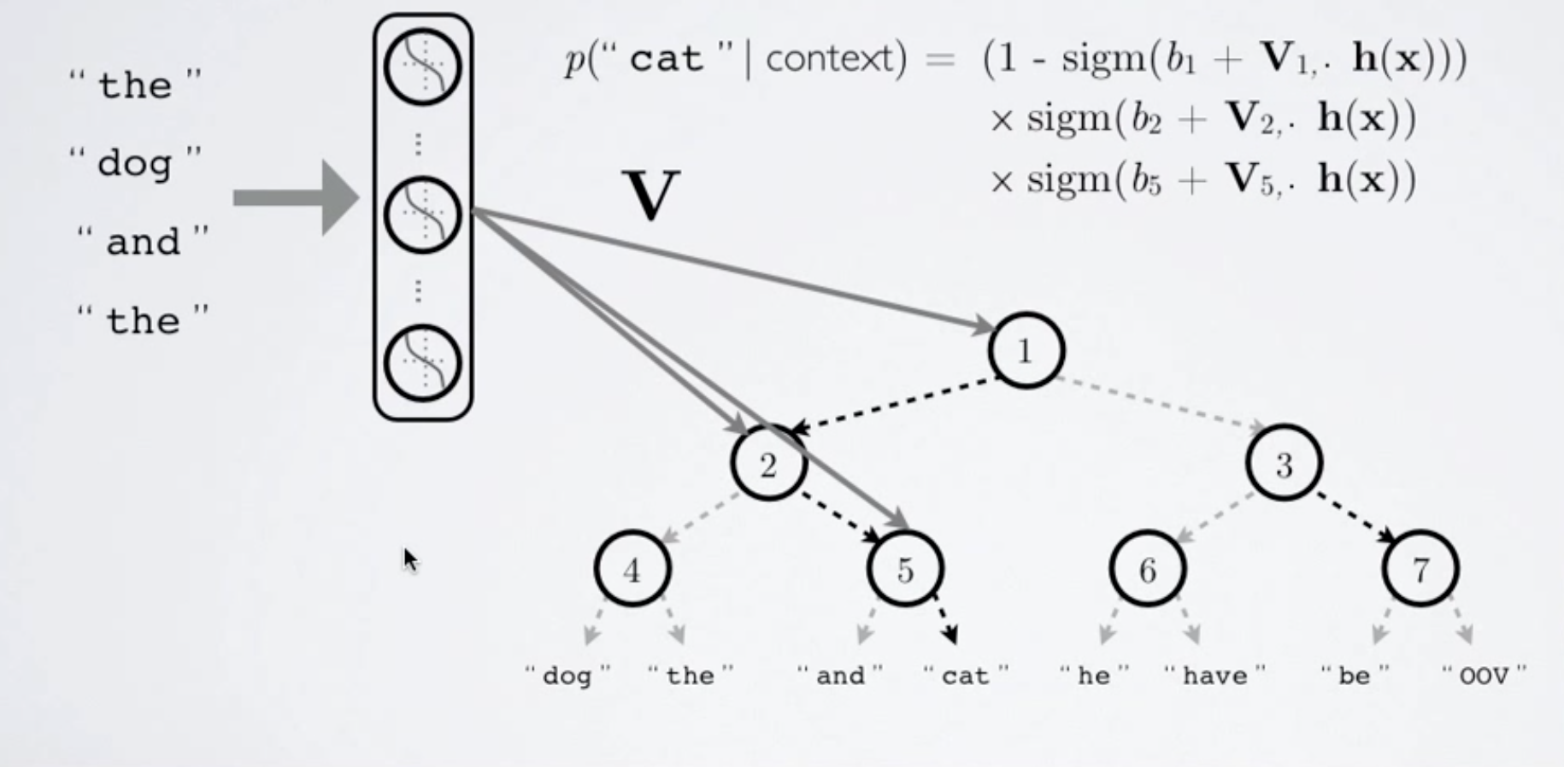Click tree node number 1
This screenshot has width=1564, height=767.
(x=1026, y=350)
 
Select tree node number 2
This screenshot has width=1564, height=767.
(x=768, y=464)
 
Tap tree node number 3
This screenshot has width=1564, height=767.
(x=1284, y=464)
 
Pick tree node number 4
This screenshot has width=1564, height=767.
(x=632, y=569)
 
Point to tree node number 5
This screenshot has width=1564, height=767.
(x=905, y=569)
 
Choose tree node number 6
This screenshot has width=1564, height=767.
(x=1148, y=569)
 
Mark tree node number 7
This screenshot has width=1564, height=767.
(x=1420, y=569)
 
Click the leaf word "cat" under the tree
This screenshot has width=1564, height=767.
(x=965, y=676)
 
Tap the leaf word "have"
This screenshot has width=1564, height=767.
(x=1214, y=676)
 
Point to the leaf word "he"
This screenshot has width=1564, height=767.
(x=1094, y=676)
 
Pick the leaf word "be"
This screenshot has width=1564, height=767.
(x=1355, y=676)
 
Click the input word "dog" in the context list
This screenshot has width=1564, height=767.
(x=135, y=162)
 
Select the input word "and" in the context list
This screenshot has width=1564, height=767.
(x=143, y=242)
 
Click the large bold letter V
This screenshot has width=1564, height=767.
(x=651, y=196)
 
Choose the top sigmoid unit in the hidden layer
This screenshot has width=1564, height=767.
(x=422, y=67)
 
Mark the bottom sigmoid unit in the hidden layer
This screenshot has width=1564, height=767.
(x=422, y=363)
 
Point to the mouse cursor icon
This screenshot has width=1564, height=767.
(x=410, y=560)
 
